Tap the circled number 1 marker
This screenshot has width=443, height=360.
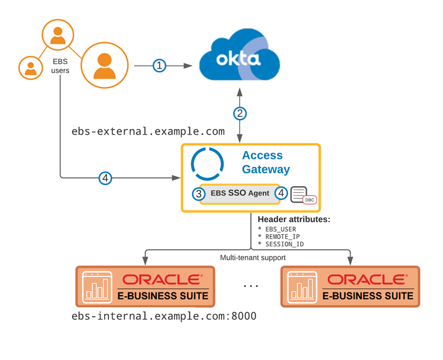tap(159, 66)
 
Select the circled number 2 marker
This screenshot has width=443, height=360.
tap(239, 114)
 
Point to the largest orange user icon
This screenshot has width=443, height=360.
tap(105, 65)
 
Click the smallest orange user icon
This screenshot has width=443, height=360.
tap(30, 68)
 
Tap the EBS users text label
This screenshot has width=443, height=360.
tap(60, 66)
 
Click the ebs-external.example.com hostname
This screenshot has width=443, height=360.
tap(148, 132)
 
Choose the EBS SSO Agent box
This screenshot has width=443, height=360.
tap(240, 194)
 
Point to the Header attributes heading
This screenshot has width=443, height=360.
tap(294, 219)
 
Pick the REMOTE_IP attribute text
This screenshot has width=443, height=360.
tap(282, 236)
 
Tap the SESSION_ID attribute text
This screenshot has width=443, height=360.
tap(284, 244)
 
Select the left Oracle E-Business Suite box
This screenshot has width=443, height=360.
tap(145, 286)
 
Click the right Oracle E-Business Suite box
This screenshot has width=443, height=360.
tap(350, 286)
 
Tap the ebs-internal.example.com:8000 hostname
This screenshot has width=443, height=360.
tap(164, 317)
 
